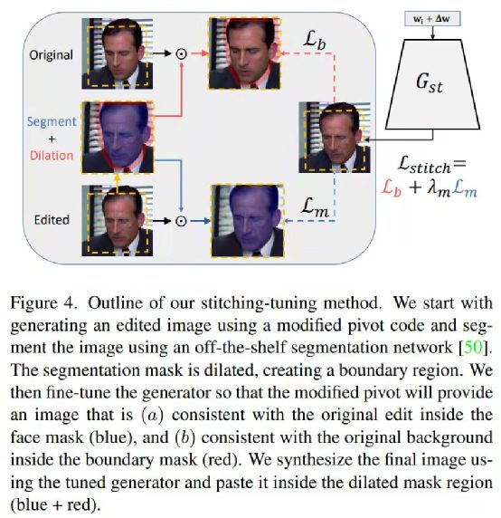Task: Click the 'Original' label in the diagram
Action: (x=51, y=55)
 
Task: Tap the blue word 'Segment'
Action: (x=52, y=122)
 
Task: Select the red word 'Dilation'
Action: (x=52, y=155)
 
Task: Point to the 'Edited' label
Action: (x=52, y=220)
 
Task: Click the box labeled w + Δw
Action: (x=432, y=19)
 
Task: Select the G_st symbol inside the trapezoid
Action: (x=429, y=82)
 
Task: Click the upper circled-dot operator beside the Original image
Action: (x=181, y=53)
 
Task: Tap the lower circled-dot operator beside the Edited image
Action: (x=181, y=221)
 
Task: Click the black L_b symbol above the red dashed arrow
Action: (x=315, y=41)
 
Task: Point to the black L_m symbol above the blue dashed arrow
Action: (x=315, y=207)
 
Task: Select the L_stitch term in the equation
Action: (x=424, y=165)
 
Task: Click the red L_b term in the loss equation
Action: (x=392, y=189)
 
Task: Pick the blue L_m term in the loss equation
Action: (x=465, y=189)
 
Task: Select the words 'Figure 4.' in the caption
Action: (x=43, y=303)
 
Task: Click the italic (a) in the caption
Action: (x=152, y=415)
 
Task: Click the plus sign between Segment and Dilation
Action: (x=52, y=139)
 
